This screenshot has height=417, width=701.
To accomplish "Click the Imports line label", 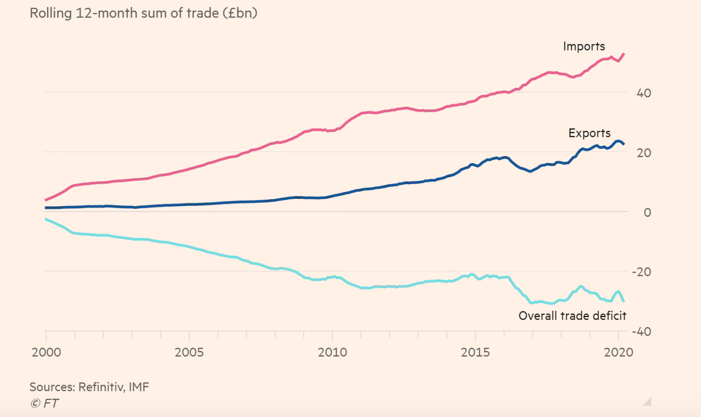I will (x=584, y=47).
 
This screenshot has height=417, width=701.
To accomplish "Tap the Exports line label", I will (x=589, y=133).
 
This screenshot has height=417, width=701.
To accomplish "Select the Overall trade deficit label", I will (x=572, y=316).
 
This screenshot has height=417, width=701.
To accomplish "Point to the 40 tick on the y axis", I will (x=644, y=93).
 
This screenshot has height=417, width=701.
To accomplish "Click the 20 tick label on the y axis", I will (x=644, y=153).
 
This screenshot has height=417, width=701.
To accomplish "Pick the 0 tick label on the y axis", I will (x=647, y=212).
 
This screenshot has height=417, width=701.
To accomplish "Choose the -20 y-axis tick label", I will (x=641, y=272).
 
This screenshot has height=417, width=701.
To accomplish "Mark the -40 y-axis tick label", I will (x=641, y=331).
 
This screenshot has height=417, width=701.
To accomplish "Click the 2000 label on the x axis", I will (x=46, y=352).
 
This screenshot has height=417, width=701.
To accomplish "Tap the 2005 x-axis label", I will (x=189, y=352).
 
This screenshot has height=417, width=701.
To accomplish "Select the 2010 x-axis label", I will (x=332, y=352).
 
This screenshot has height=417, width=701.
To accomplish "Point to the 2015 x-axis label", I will (x=475, y=352).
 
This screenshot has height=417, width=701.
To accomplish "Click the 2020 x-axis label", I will (x=618, y=352).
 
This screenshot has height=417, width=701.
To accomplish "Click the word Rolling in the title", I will (x=51, y=13).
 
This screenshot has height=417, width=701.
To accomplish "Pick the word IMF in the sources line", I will (x=139, y=387).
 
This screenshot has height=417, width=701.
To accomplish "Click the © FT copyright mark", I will (x=44, y=403).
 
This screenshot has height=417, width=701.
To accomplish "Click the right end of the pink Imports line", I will (x=624, y=54).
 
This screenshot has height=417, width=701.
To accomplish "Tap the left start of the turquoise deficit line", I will (x=46, y=219).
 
